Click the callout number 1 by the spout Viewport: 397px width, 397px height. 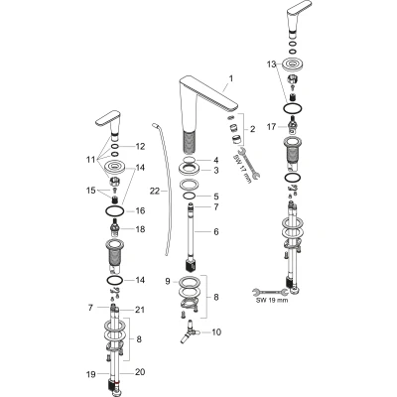tap(231, 78)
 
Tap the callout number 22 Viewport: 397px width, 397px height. tap(155, 191)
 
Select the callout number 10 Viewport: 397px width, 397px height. tap(216, 331)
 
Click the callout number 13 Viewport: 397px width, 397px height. tap(271, 65)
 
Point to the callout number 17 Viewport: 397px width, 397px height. tap(271, 127)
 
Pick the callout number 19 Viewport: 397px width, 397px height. tap(91, 374)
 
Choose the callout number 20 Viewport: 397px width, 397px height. tap(140, 372)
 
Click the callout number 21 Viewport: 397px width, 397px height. tap(140, 310)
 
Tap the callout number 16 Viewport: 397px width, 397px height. tap(140, 210)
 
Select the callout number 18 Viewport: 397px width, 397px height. tap(140, 229)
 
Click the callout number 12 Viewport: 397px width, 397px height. tap(140, 146)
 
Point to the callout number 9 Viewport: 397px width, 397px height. tap(168, 281)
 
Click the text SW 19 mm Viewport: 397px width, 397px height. tap(273, 300)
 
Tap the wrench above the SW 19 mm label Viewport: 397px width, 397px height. tap(270, 292)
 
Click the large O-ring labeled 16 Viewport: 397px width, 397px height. tap(115, 210)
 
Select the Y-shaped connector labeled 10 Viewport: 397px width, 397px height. tap(188, 332)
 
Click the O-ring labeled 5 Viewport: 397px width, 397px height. tap(190, 197)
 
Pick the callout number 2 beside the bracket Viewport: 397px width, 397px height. tap(252, 129)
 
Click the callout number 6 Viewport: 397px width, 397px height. tap(216, 231)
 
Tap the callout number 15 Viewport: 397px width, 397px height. tap(91, 191)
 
